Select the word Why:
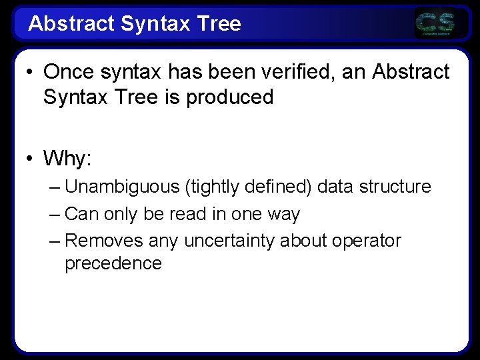point(67,159)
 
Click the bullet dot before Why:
point(30,159)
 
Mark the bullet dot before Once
point(30,72)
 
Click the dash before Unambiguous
point(55,187)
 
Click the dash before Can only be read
point(55,214)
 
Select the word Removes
point(105,240)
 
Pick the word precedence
point(113,263)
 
